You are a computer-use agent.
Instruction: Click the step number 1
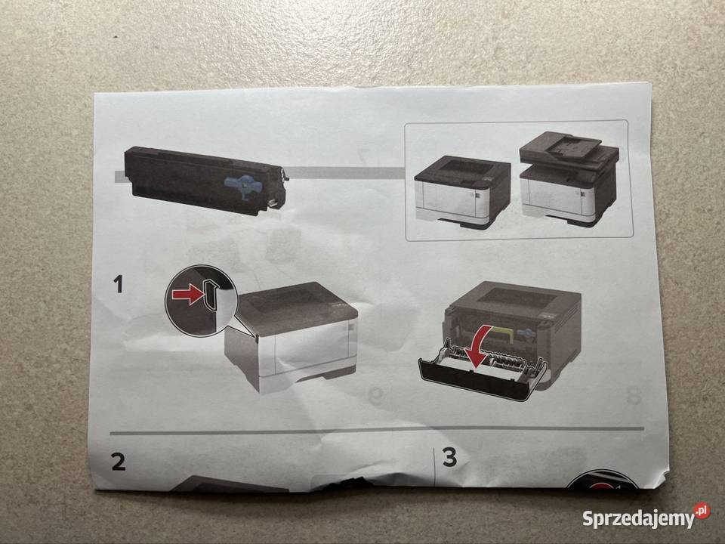tap(119, 283)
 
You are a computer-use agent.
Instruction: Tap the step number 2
tap(119, 462)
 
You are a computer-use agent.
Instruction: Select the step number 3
tap(449, 456)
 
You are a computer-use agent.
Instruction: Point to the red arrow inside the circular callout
tap(188, 294)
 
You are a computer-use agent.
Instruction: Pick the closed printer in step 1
tap(292, 337)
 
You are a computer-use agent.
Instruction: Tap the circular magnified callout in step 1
tap(201, 300)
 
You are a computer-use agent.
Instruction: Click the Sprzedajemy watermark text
tap(639, 519)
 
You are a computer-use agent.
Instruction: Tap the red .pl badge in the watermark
tap(702, 511)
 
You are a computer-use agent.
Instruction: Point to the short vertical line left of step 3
tap(433, 467)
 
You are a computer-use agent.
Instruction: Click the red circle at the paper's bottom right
tap(602, 481)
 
